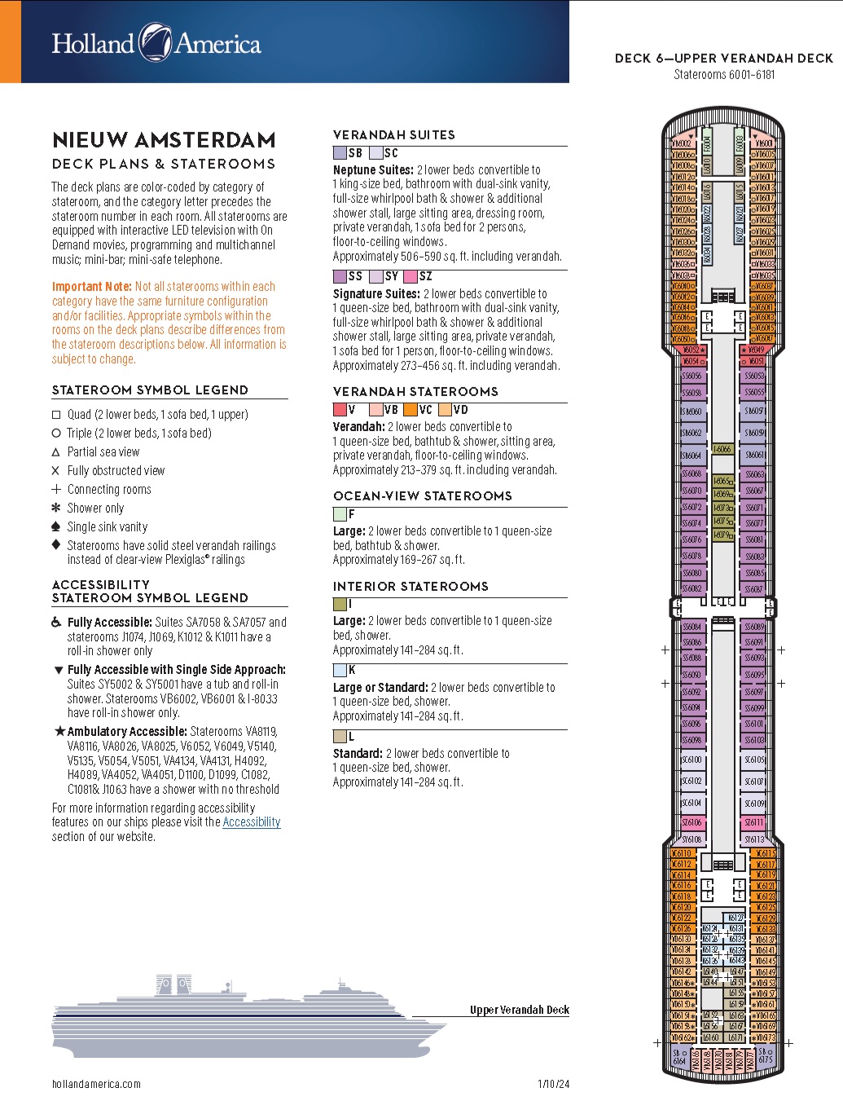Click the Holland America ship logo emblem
pyautogui.click(x=155, y=42)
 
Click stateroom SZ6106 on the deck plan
pyautogui.click(x=692, y=822)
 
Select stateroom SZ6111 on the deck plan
pyautogui.click(x=754, y=822)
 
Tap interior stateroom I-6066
pyautogui.click(x=722, y=449)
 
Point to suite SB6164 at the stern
pyautogui.click(x=679, y=1057)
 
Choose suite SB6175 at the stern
pyautogui.click(x=765, y=1057)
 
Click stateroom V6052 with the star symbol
pyautogui.click(x=691, y=350)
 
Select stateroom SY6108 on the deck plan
pyautogui.click(x=692, y=839)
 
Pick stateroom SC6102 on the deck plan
pyautogui.click(x=692, y=781)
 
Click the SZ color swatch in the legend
pyautogui.click(x=411, y=276)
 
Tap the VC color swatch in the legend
pyautogui.click(x=411, y=410)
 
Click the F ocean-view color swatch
pyautogui.click(x=340, y=514)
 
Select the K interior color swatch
pyautogui.click(x=340, y=671)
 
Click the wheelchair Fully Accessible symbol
pyautogui.click(x=56, y=623)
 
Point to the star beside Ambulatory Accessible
pyautogui.click(x=59, y=732)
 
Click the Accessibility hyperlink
pyautogui.click(x=251, y=822)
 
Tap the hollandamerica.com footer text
pyautogui.click(x=96, y=1084)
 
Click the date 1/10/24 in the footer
pyautogui.click(x=553, y=1084)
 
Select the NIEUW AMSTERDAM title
pyautogui.click(x=164, y=140)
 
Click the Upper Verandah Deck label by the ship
pyautogui.click(x=519, y=1010)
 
